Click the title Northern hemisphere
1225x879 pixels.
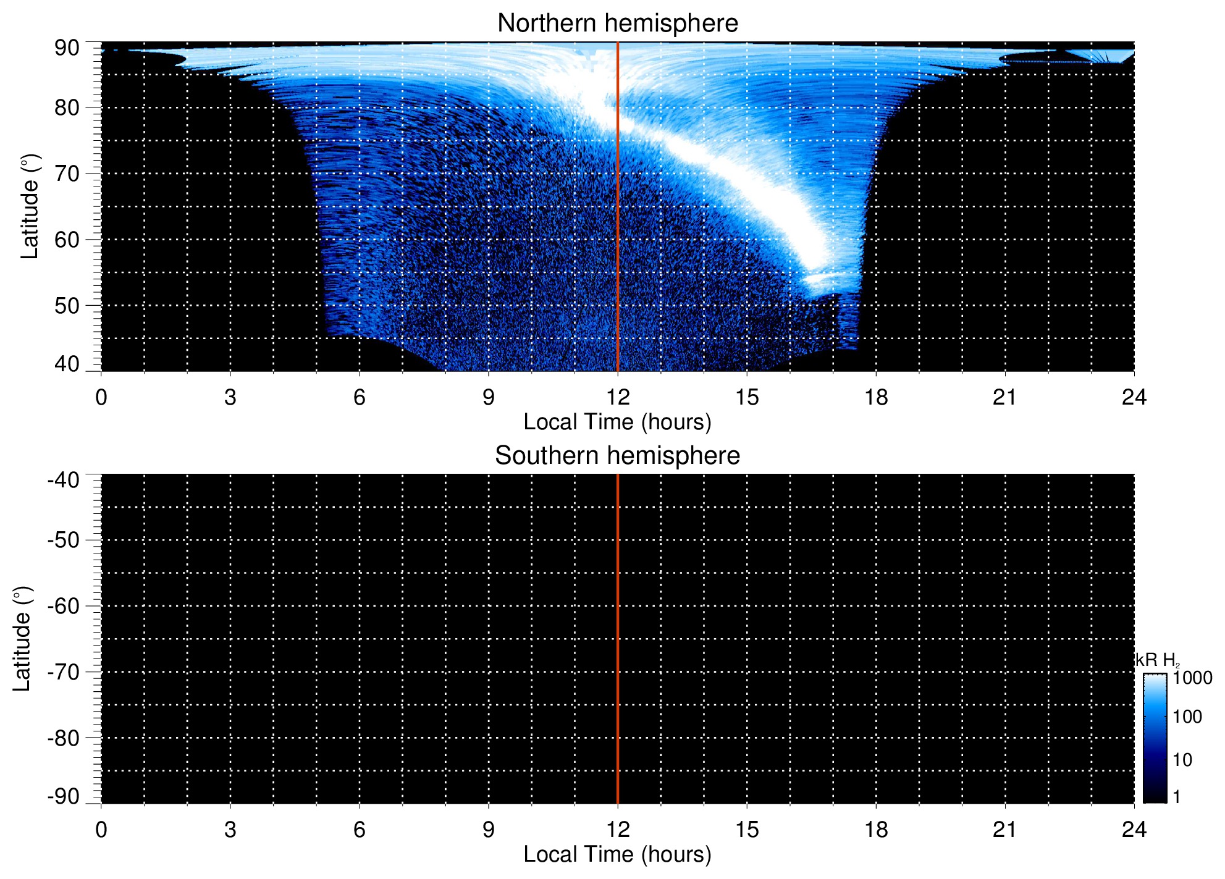point(617,23)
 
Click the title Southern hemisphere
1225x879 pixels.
point(617,456)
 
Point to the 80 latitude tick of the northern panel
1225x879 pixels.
point(67,107)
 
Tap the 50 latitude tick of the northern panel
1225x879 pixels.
point(67,306)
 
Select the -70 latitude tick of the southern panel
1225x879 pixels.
point(63,672)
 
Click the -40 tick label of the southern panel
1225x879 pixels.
point(63,480)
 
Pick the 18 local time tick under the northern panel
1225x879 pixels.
point(875,397)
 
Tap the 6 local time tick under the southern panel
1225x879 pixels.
point(360,830)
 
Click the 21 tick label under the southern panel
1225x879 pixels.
point(1004,830)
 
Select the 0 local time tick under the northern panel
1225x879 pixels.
point(101,397)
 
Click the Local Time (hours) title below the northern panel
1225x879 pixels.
point(617,422)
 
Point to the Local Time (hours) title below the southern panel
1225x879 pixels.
point(617,854)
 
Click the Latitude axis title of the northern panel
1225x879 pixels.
point(30,206)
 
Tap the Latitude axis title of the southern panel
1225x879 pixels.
point(22,639)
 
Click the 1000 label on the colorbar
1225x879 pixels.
point(1192,678)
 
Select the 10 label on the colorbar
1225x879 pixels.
point(1182,760)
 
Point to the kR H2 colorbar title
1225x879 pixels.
point(1157,660)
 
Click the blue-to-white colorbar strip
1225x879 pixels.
point(1155,738)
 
